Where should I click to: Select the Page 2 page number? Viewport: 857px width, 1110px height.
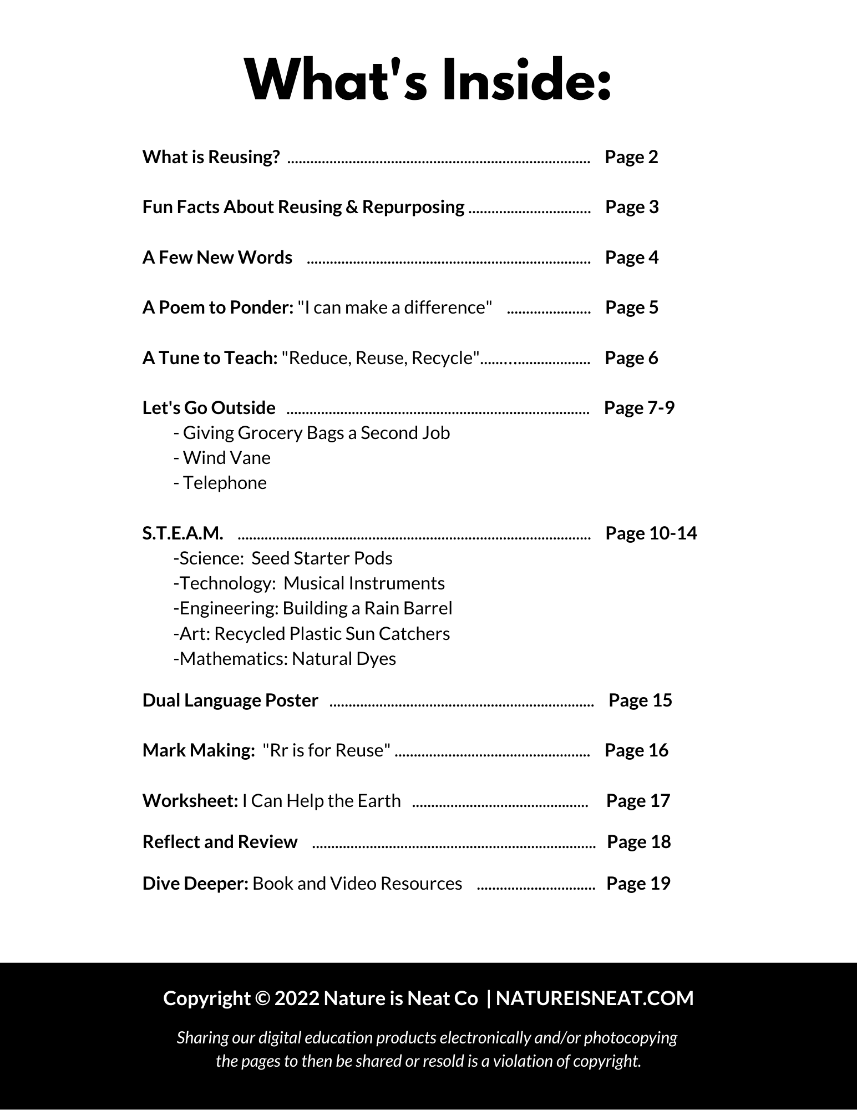coord(631,157)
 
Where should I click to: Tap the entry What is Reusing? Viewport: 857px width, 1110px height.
coord(211,157)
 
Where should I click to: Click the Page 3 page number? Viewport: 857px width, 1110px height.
coord(632,207)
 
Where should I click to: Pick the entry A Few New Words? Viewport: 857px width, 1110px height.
coord(217,258)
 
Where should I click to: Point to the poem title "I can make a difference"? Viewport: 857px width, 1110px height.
coord(395,307)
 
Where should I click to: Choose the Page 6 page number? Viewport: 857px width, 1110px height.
coord(631,358)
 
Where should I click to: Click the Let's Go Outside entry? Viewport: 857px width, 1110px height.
coord(209,408)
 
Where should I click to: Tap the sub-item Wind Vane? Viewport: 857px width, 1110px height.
coord(222,458)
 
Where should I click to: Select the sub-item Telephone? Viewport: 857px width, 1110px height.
coord(220,483)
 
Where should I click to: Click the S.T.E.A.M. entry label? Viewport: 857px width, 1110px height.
coord(182,533)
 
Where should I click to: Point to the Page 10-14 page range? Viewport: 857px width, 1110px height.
coord(651,533)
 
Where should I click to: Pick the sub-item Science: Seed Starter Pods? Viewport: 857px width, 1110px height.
coord(283,558)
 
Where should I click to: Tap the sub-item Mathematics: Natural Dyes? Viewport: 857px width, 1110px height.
coord(285,659)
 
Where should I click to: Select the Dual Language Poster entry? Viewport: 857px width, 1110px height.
coord(230,700)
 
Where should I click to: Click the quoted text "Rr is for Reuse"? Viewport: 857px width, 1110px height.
coord(327,750)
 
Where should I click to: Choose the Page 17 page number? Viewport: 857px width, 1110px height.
coord(638,801)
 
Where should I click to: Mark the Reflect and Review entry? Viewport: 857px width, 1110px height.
coord(220,842)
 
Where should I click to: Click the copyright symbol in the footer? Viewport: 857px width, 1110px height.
coord(262,998)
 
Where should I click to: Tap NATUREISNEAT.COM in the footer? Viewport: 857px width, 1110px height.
coord(595,998)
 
